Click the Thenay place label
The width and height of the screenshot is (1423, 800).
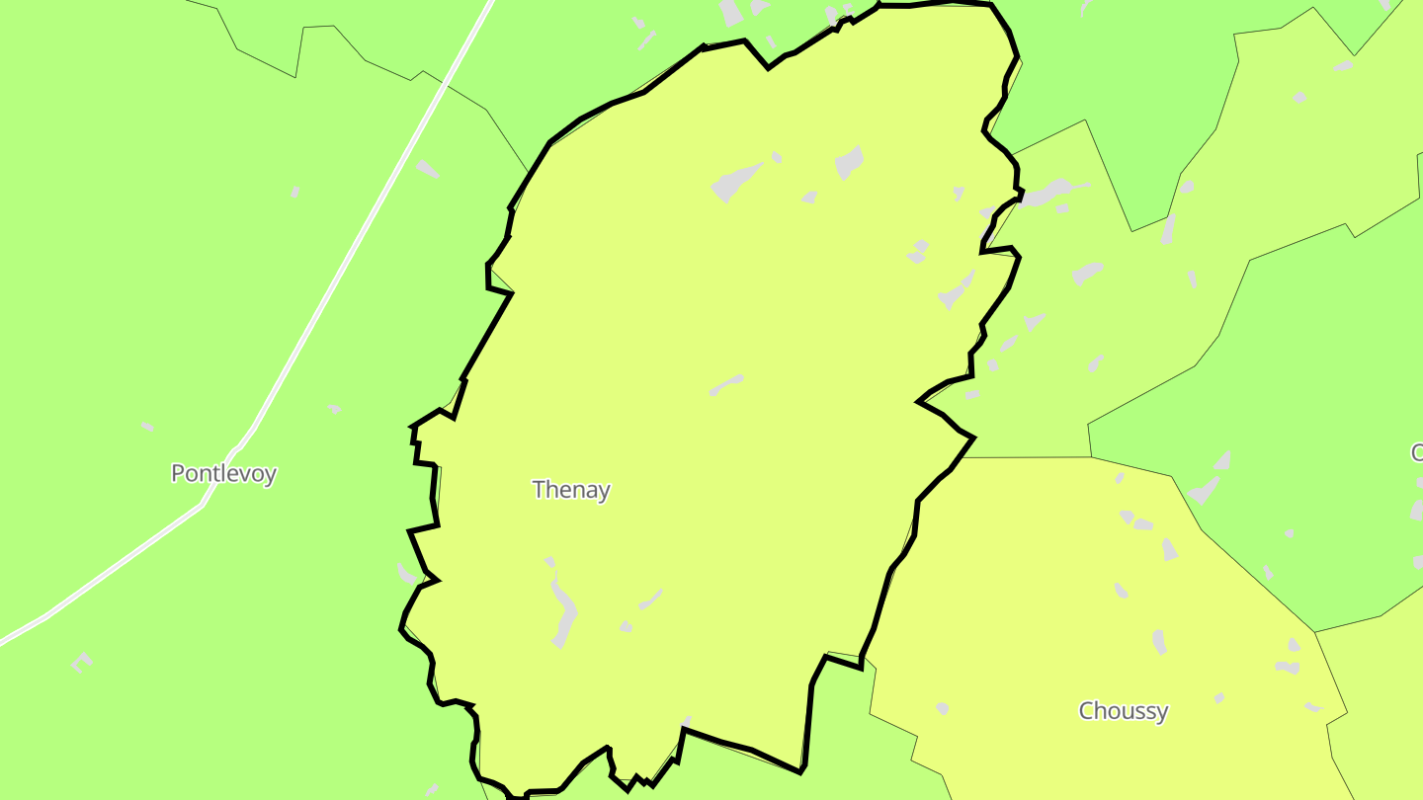point(570,489)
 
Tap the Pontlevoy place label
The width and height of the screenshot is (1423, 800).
point(223,473)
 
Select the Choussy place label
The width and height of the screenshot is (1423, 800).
point(1123,710)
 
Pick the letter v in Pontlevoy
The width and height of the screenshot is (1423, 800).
point(248,474)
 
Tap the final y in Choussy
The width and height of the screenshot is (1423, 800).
point(1162,712)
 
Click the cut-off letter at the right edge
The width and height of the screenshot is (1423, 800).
point(1417,453)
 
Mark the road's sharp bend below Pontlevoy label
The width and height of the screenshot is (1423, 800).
point(203,504)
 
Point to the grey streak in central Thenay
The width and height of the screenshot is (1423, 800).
point(725,385)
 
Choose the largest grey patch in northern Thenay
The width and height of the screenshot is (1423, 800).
point(736,181)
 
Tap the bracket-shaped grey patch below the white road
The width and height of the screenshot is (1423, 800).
point(81,662)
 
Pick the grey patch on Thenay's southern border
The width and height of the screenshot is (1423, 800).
point(686,722)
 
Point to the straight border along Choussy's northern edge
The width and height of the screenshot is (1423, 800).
point(1033,457)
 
